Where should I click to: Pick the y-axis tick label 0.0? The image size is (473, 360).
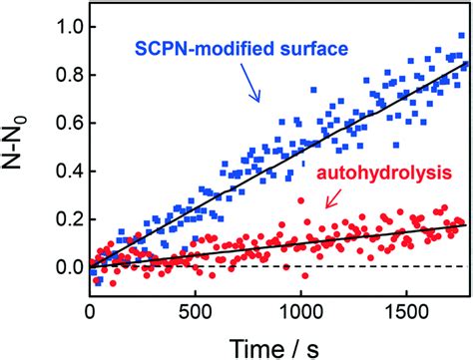62,267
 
